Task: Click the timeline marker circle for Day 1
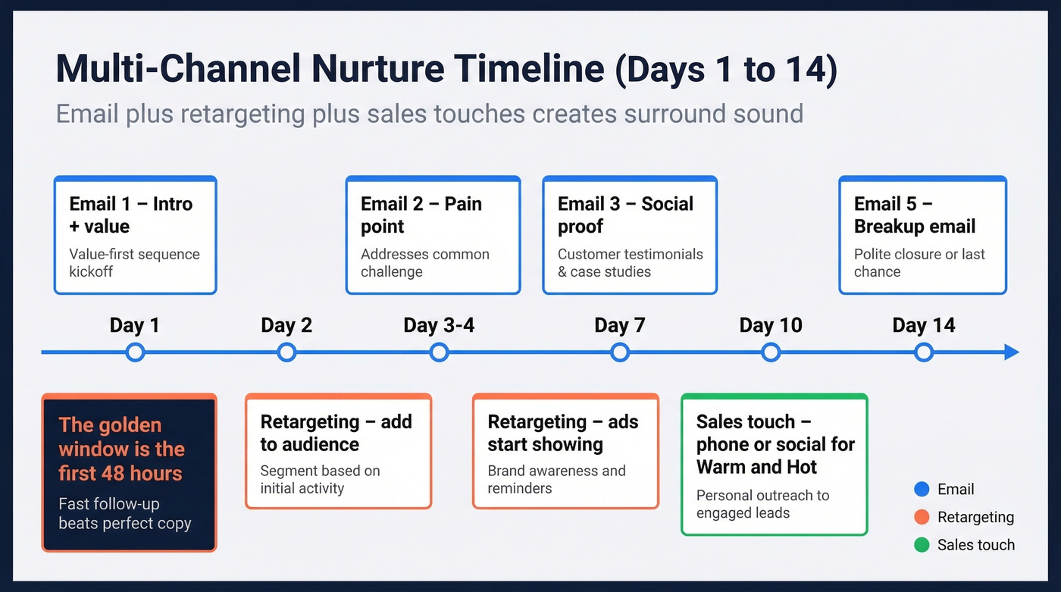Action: tap(135, 352)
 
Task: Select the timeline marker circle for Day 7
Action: tap(620, 352)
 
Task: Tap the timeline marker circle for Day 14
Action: tap(923, 352)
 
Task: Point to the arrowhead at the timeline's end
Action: tap(1011, 352)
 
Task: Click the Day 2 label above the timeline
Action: tap(286, 325)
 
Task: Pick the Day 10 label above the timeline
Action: tap(771, 325)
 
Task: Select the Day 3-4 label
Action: tap(439, 325)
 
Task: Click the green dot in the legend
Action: tap(922, 545)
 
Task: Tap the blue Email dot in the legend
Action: tap(922, 490)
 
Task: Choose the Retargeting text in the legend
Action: tap(975, 517)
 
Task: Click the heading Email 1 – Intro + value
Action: tap(130, 215)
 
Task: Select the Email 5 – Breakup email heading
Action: tap(914, 215)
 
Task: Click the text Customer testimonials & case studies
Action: tap(630, 263)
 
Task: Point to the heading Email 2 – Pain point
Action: tap(421, 215)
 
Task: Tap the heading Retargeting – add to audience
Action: tap(336, 433)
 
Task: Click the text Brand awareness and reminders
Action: tap(556, 479)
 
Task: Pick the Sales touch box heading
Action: tap(775, 443)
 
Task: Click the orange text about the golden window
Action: tap(120, 449)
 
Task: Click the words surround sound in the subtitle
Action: tap(714, 114)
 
